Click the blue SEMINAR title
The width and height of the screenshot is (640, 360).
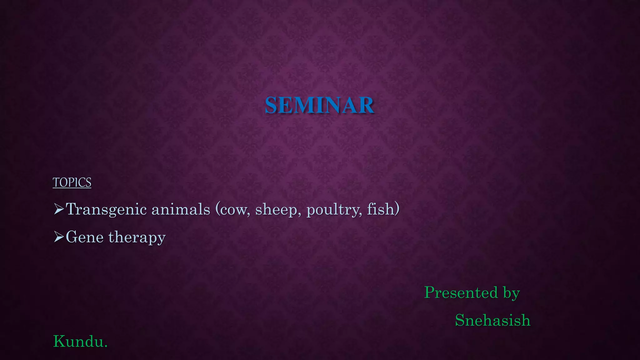[x=319, y=105]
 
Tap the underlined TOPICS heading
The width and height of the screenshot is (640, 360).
[x=72, y=182]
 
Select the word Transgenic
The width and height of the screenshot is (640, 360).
[x=107, y=209]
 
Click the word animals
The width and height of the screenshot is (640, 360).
[x=181, y=209]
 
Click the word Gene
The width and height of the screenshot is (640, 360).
[x=85, y=237]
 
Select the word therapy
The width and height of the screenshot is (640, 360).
[x=137, y=237]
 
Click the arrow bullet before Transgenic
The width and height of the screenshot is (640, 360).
[x=58, y=209]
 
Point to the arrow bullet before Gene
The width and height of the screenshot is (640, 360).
[x=58, y=237]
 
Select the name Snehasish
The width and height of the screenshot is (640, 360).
[x=493, y=320]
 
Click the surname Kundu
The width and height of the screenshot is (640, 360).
[x=78, y=341]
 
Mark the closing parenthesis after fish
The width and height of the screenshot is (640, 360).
[x=397, y=209]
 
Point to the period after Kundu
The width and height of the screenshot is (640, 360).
[x=106, y=346]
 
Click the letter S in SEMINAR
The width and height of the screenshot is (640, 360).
[x=271, y=105]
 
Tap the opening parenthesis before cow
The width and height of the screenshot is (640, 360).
[x=217, y=209]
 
